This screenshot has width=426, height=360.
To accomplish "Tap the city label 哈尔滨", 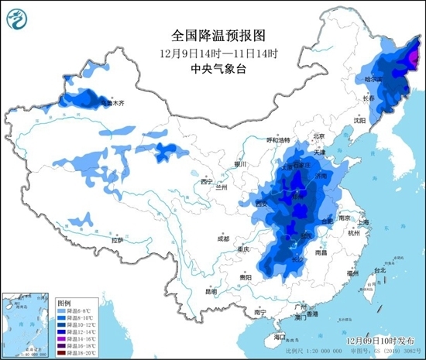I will (x=375, y=79).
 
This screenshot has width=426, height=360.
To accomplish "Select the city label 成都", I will (x=224, y=237).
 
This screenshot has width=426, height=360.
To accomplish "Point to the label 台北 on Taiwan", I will (x=380, y=270).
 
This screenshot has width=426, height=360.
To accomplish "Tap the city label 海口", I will (x=281, y=338).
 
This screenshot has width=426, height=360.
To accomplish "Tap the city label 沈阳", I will (x=359, y=120).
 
